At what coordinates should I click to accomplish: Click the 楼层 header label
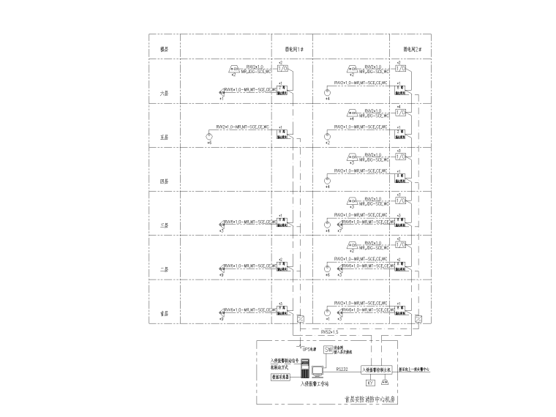(x=165, y=50)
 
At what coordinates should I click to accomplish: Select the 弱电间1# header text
(x=294, y=50)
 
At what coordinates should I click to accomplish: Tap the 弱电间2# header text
(x=413, y=50)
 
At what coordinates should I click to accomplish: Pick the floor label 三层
(x=165, y=225)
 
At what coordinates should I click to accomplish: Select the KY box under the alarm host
(x=369, y=383)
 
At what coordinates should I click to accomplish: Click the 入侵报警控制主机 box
(x=377, y=370)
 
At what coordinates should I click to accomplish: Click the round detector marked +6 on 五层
(x=209, y=136)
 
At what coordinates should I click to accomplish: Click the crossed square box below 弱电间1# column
(x=301, y=319)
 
